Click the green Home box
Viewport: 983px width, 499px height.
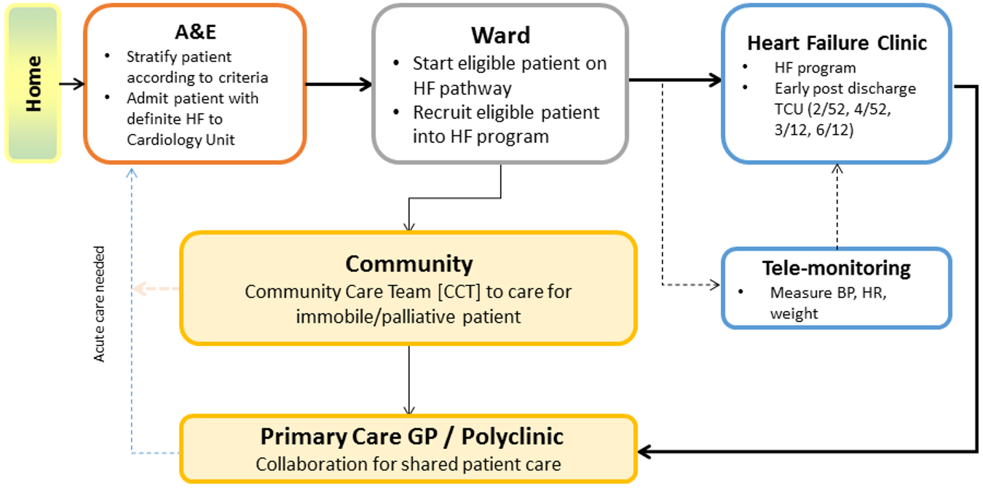point(32,83)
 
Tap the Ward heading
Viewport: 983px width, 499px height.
point(500,35)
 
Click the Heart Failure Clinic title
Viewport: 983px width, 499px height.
point(837,43)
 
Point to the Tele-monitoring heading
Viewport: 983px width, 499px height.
point(836,268)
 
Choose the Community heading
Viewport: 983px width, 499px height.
point(408,263)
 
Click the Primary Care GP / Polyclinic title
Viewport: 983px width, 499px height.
point(411,436)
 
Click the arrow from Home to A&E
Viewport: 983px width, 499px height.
point(71,84)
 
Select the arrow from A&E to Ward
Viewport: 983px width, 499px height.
point(339,84)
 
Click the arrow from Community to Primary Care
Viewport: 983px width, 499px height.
point(409,379)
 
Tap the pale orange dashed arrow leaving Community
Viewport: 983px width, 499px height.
point(156,288)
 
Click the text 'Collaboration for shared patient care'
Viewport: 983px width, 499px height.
point(408,464)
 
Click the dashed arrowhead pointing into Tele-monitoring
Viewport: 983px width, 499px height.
point(714,285)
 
